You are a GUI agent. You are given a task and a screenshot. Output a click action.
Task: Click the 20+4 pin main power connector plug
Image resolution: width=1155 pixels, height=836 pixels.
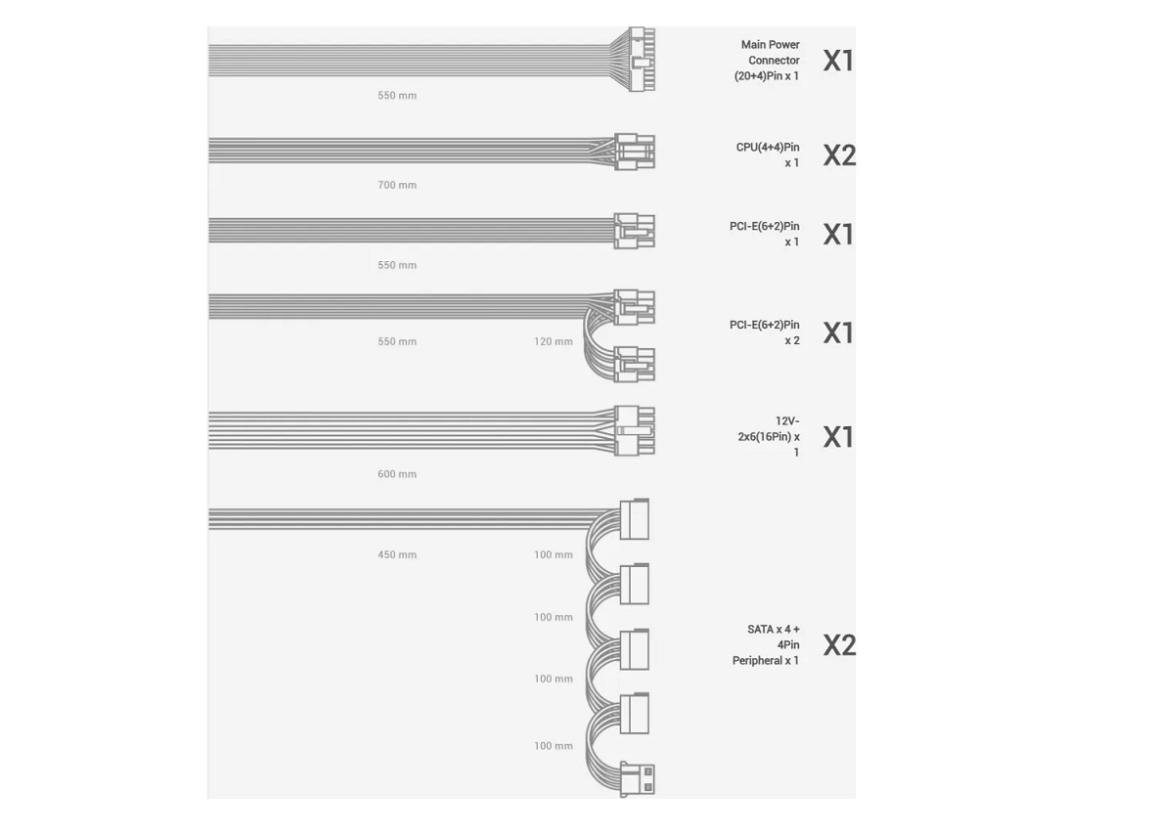tap(642, 59)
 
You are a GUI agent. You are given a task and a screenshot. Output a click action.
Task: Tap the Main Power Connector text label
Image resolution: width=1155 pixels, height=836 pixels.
tap(767, 60)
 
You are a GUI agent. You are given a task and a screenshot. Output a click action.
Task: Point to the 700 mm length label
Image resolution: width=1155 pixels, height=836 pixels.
tap(397, 185)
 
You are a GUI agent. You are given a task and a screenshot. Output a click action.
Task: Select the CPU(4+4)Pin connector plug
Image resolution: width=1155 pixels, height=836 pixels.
tap(634, 152)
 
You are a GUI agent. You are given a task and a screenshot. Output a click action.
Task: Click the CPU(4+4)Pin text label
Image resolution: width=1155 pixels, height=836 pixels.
tap(768, 154)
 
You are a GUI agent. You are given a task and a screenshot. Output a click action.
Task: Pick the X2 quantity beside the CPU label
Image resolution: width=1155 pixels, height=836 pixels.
tap(839, 155)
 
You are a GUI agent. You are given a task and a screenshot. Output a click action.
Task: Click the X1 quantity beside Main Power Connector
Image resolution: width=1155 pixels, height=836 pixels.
tap(838, 61)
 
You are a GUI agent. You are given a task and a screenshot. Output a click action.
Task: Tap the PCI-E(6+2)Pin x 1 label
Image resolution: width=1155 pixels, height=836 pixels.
tap(765, 234)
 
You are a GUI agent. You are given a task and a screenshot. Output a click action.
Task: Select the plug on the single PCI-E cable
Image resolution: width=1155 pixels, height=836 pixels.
tap(634, 231)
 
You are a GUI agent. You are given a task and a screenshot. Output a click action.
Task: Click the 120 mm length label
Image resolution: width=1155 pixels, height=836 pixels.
tap(554, 342)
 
